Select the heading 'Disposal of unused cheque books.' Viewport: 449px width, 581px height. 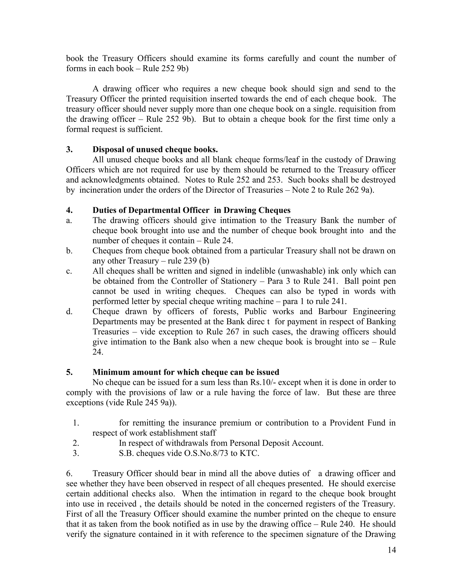click(x=155, y=150)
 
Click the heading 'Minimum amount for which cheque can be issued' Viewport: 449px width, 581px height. click(x=186, y=372)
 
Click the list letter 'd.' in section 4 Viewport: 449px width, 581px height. click(x=69, y=312)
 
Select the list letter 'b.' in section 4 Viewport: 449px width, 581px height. click(x=69, y=251)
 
